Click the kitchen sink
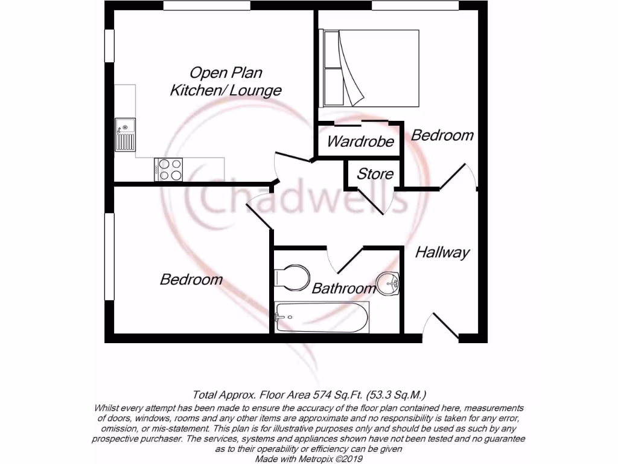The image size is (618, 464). coord(126,135)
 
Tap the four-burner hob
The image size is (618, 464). coord(169,169)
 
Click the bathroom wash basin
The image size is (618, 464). coord(389,283)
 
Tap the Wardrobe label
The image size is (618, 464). coord(360,142)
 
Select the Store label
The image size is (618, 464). coord(375,175)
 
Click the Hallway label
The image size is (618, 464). coord(442,253)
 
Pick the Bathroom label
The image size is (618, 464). coord(343,288)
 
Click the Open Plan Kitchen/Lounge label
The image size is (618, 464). coord(226,82)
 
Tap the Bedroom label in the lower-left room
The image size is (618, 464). coord(191,279)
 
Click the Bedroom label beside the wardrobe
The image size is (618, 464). coord(442,135)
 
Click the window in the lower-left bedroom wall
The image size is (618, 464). coord(109,256)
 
